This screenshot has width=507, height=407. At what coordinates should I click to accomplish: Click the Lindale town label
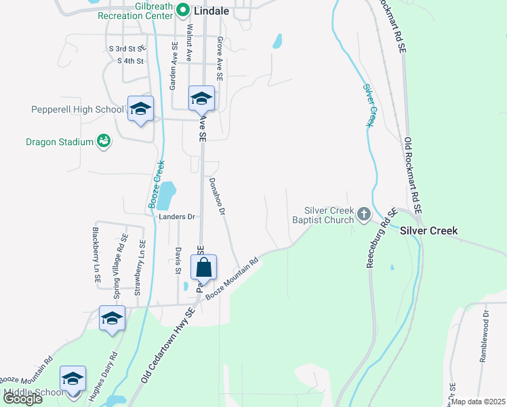point(211,11)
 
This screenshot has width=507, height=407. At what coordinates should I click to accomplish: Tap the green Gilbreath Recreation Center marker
point(182,10)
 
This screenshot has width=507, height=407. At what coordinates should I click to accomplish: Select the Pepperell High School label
point(77,109)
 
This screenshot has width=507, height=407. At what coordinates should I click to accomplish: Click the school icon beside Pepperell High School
point(140,109)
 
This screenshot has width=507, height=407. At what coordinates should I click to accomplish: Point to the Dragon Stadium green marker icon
point(103,142)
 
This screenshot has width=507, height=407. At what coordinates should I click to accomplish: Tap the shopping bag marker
point(203,268)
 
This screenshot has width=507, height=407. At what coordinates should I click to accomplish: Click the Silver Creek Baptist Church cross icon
point(364,215)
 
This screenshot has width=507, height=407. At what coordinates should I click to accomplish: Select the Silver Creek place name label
point(428,231)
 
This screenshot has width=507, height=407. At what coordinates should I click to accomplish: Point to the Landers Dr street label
point(177,216)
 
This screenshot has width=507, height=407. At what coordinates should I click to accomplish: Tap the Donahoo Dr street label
point(216,196)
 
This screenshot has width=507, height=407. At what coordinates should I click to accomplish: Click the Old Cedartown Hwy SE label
point(169,345)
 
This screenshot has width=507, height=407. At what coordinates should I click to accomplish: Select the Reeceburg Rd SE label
point(380,237)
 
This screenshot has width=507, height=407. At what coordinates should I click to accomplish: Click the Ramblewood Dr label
point(484,336)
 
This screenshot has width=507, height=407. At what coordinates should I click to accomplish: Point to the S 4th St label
point(131,61)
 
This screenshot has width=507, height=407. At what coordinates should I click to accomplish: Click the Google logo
point(22,398)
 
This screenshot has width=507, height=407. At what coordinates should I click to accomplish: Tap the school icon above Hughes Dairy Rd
point(113,319)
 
